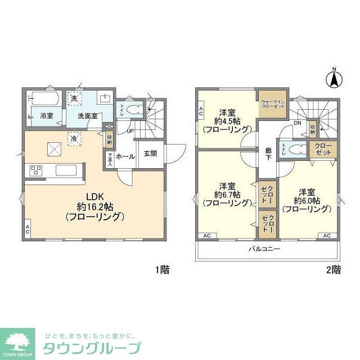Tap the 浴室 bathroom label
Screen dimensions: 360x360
point(47,116)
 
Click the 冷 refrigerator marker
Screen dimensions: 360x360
point(74,137)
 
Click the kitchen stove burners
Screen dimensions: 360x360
point(35,170)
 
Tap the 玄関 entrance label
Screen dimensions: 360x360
point(150,154)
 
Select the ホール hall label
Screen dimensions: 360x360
point(125,157)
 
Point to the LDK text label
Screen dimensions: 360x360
point(94,197)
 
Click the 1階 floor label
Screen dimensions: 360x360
point(161,269)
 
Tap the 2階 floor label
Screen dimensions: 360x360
point(332,269)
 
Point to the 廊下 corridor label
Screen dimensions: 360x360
point(269,154)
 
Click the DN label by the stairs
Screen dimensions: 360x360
point(298,123)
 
